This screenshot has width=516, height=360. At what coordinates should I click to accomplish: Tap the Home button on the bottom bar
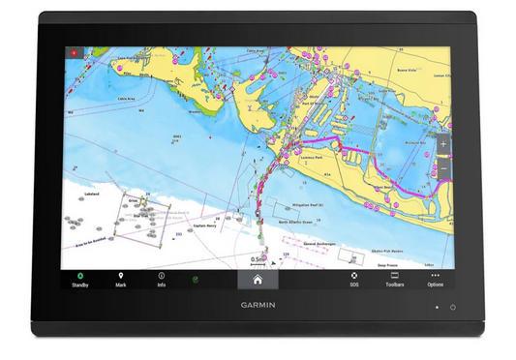coord(258,280)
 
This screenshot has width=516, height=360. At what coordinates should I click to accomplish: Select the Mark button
coord(121,280)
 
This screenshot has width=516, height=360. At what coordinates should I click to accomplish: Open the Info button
coord(162,280)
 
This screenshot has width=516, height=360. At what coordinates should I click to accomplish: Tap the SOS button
coord(353,280)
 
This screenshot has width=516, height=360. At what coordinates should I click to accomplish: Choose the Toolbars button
coord(394,280)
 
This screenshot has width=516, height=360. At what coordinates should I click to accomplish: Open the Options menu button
coord(435,280)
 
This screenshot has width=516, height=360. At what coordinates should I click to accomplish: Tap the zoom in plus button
coord(443,144)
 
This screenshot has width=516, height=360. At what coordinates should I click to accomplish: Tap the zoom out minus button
coord(443,168)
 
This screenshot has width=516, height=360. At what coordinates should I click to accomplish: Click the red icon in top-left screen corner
coord(72,51)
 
